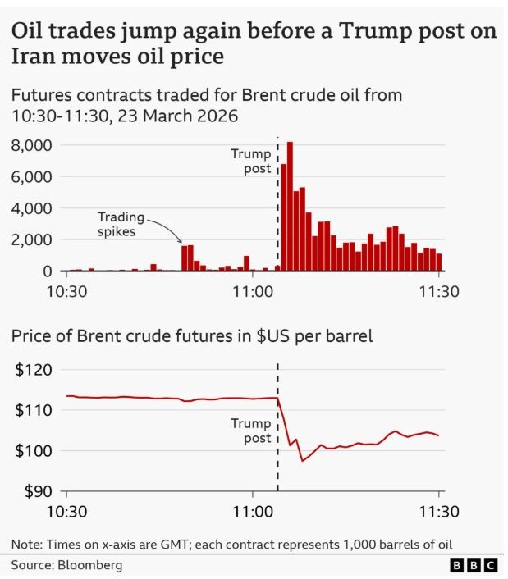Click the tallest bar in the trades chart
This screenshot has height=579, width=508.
pyautogui.click(x=290, y=206)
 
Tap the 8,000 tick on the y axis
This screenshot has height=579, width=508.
pyautogui.click(x=32, y=145)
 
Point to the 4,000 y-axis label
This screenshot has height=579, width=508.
pyautogui.click(x=32, y=208)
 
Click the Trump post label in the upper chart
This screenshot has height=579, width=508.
pyautogui.click(x=249, y=161)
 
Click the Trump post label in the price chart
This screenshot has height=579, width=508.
pyautogui.click(x=250, y=431)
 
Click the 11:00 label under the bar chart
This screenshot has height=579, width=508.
pyautogui.click(x=253, y=290)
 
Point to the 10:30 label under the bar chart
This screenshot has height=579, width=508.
pyautogui.click(x=66, y=290)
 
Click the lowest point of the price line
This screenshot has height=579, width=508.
pyautogui.click(x=302, y=460)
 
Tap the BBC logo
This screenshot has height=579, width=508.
pyautogui.click(x=474, y=565)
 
